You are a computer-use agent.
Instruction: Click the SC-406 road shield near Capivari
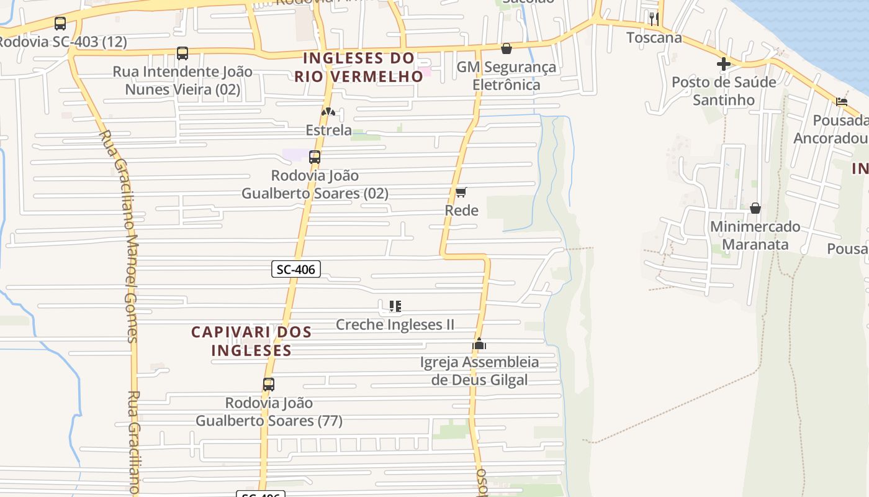(296, 269)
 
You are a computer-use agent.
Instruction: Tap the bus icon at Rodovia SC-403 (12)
(60, 24)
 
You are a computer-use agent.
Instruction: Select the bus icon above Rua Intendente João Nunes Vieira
(182, 53)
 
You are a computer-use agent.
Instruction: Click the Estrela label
(328, 130)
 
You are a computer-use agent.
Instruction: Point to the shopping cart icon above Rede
(461, 193)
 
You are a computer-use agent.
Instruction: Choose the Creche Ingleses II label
(395, 324)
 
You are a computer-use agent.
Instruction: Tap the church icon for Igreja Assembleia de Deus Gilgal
(479, 344)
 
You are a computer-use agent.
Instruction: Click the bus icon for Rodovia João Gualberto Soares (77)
(269, 385)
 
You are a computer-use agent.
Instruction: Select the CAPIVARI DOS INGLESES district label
(251, 341)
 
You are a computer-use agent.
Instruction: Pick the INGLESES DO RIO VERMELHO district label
(359, 67)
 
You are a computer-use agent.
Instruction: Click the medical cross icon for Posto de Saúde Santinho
(723, 64)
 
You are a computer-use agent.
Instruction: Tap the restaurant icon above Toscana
(654, 19)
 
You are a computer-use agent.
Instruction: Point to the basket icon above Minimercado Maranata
(755, 208)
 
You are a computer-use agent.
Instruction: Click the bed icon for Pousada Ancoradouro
(842, 102)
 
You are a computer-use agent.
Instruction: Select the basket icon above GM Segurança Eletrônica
(507, 48)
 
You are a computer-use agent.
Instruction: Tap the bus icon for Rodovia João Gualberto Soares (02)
(315, 157)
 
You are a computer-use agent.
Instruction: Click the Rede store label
(461, 211)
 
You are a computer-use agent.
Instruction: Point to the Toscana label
(654, 37)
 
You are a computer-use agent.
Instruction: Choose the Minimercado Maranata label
(755, 235)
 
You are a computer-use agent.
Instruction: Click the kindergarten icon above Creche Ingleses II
(395, 306)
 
